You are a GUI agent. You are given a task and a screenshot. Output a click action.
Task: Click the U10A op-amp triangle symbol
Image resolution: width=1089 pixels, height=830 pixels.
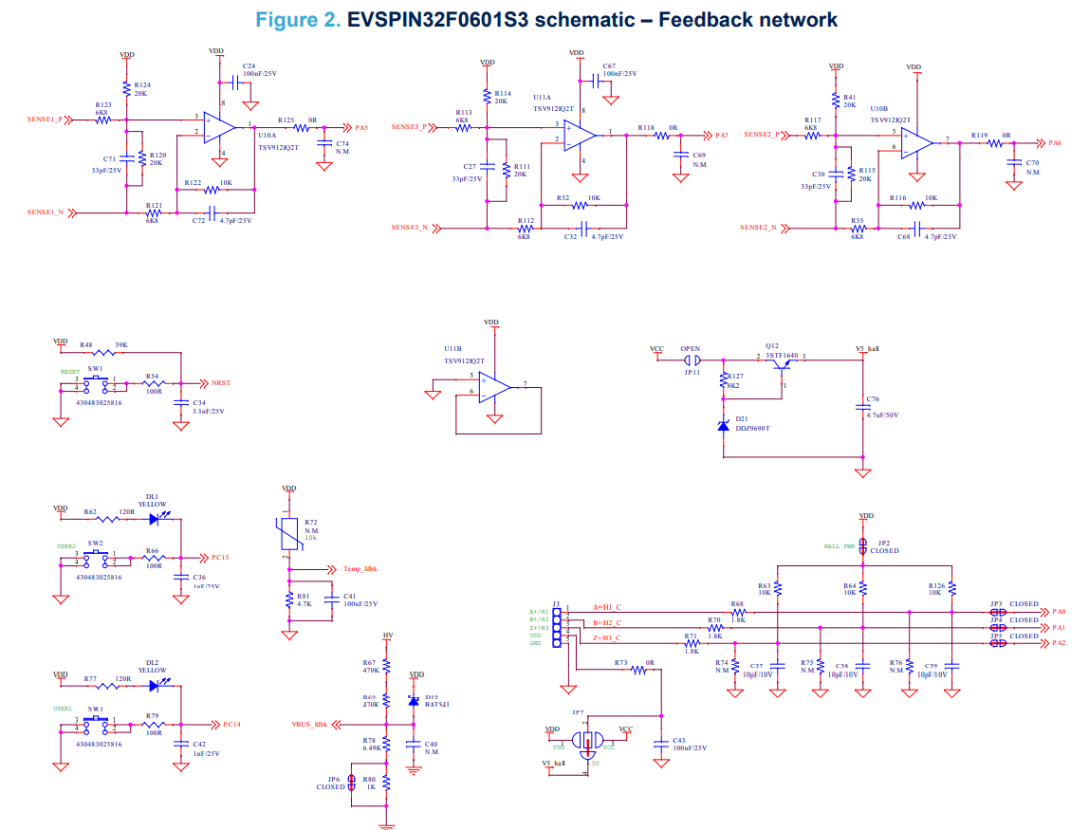pos(220,127)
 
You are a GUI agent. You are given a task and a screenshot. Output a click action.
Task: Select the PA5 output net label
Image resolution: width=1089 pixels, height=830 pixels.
pos(361,127)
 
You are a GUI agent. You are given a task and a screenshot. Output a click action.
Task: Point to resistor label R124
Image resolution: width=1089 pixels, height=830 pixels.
pos(142,84)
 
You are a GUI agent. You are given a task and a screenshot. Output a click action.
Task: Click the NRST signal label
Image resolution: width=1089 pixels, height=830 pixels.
pos(221,383)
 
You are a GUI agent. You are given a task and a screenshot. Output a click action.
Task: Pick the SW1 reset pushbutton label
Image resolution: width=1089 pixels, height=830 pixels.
pos(95,368)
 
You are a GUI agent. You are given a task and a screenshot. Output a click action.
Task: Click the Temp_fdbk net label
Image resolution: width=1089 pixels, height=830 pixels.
pos(360,569)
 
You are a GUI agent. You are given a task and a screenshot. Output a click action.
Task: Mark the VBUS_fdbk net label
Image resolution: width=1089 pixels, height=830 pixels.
pos(308,725)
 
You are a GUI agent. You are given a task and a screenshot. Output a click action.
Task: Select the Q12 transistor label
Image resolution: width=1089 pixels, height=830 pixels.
pos(772,346)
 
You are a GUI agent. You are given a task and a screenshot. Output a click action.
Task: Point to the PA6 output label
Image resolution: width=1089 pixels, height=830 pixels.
pos(1055,143)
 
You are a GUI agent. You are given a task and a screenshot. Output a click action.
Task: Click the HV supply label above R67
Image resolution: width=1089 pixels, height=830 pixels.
pos(387,635)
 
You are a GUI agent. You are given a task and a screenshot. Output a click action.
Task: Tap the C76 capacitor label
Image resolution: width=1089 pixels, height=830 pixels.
pos(873,399)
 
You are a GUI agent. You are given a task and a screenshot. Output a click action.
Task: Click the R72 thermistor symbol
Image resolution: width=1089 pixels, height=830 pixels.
pos(286,532)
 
